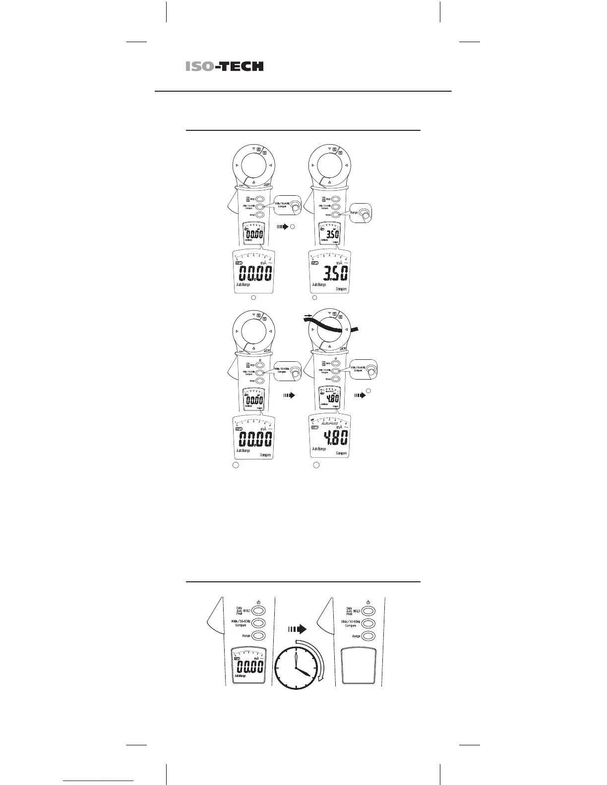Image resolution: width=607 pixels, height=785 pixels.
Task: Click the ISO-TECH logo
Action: click(225, 66)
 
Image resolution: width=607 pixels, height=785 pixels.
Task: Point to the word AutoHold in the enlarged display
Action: click(333, 424)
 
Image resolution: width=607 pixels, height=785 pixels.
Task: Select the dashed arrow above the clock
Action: click(297, 629)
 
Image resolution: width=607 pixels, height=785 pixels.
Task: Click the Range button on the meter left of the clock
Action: click(258, 636)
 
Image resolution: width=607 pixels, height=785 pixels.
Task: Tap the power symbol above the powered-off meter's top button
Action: click(368, 602)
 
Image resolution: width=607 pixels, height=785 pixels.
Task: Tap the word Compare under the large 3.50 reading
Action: click(341, 289)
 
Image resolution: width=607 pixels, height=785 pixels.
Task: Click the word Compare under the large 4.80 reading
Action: click(341, 453)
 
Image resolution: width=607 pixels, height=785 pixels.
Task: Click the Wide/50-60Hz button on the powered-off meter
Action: click(368, 623)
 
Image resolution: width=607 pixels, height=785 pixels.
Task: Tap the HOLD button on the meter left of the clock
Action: click(258, 611)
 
